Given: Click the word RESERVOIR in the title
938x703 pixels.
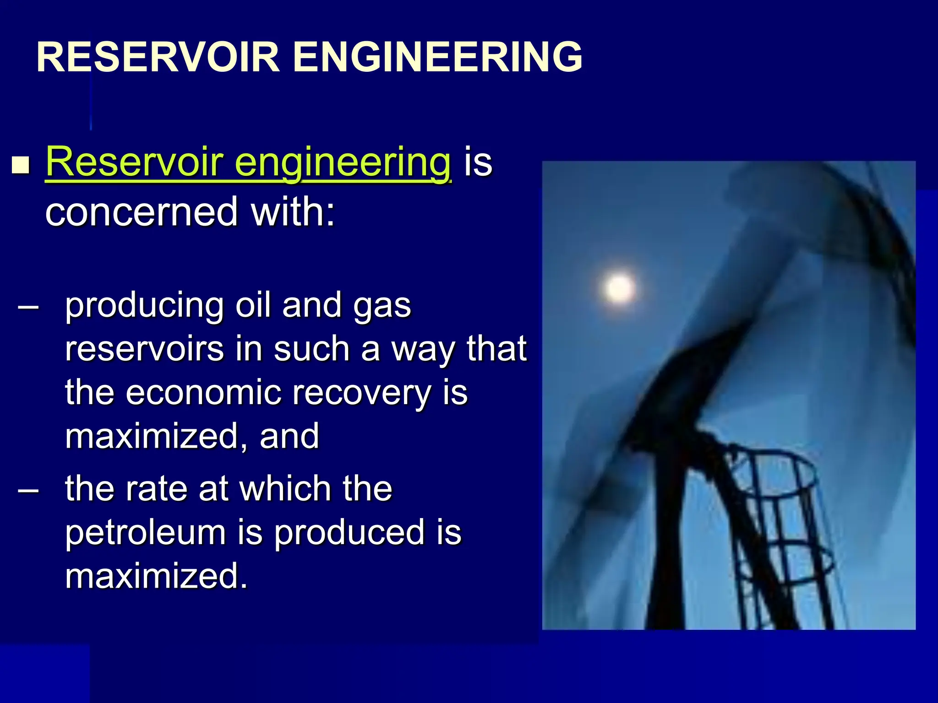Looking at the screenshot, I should [158, 57].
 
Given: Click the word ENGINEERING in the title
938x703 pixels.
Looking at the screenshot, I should [437, 57].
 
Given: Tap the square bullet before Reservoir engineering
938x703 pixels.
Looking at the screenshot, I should [21, 165].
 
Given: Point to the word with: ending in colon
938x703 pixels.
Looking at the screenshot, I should [293, 211].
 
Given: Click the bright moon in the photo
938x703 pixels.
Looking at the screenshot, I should [620, 288].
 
